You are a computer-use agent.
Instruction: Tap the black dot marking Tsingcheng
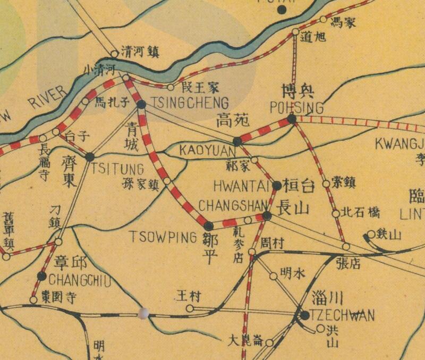click(x=141, y=104)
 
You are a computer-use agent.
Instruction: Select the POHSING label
click(x=297, y=108)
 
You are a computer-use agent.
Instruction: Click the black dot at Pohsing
click(x=291, y=120)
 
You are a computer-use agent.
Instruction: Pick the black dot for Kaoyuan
click(x=237, y=141)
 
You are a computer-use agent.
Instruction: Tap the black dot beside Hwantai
click(x=277, y=186)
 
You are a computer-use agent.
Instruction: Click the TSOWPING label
click(x=163, y=237)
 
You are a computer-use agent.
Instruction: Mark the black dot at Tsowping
click(x=208, y=225)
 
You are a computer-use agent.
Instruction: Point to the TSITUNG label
click(x=117, y=170)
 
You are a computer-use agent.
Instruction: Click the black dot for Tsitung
click(x=90, y=157)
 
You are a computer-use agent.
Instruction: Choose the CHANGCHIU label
click(x=79, y=280)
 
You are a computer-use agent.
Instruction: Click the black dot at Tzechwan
click(x=304, y=315)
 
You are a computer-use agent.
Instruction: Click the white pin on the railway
click(x=142, y=314)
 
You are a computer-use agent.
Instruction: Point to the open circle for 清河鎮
click(x=114, y=54)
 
